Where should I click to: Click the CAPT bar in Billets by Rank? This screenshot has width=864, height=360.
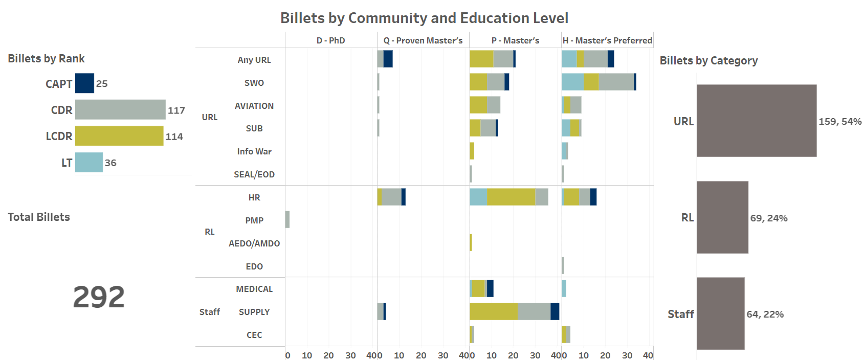[84, 83]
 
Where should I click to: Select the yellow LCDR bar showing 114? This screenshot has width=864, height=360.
[119, 136]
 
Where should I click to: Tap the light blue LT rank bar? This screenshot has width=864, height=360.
[88, 163]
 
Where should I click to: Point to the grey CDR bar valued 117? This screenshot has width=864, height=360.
[120, 109]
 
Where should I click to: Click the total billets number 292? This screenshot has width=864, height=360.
[99, 297]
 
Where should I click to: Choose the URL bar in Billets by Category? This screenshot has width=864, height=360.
[756, 121]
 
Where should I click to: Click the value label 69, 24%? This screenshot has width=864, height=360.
[769, 218]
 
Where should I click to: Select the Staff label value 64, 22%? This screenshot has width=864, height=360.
[765, 314]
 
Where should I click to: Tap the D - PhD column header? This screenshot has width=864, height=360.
[330, 40]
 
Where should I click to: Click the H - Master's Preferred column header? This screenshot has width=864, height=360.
[607, 40]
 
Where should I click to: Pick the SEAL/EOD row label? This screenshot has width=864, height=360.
[254, 174]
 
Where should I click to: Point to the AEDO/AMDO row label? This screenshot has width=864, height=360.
[254, 243]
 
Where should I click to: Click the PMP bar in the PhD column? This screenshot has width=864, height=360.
[287, 219]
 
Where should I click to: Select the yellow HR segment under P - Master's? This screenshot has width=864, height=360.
[511, 197]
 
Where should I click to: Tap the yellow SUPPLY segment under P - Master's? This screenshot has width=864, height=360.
[494, 311]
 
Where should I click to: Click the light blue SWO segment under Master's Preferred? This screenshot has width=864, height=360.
[573, 82]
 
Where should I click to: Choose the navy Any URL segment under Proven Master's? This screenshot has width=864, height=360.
[388, 59]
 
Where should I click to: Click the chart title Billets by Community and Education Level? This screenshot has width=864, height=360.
[424, 18]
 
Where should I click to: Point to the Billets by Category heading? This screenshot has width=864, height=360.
[708, 60]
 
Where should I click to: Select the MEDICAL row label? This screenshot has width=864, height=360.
[254, 289]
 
